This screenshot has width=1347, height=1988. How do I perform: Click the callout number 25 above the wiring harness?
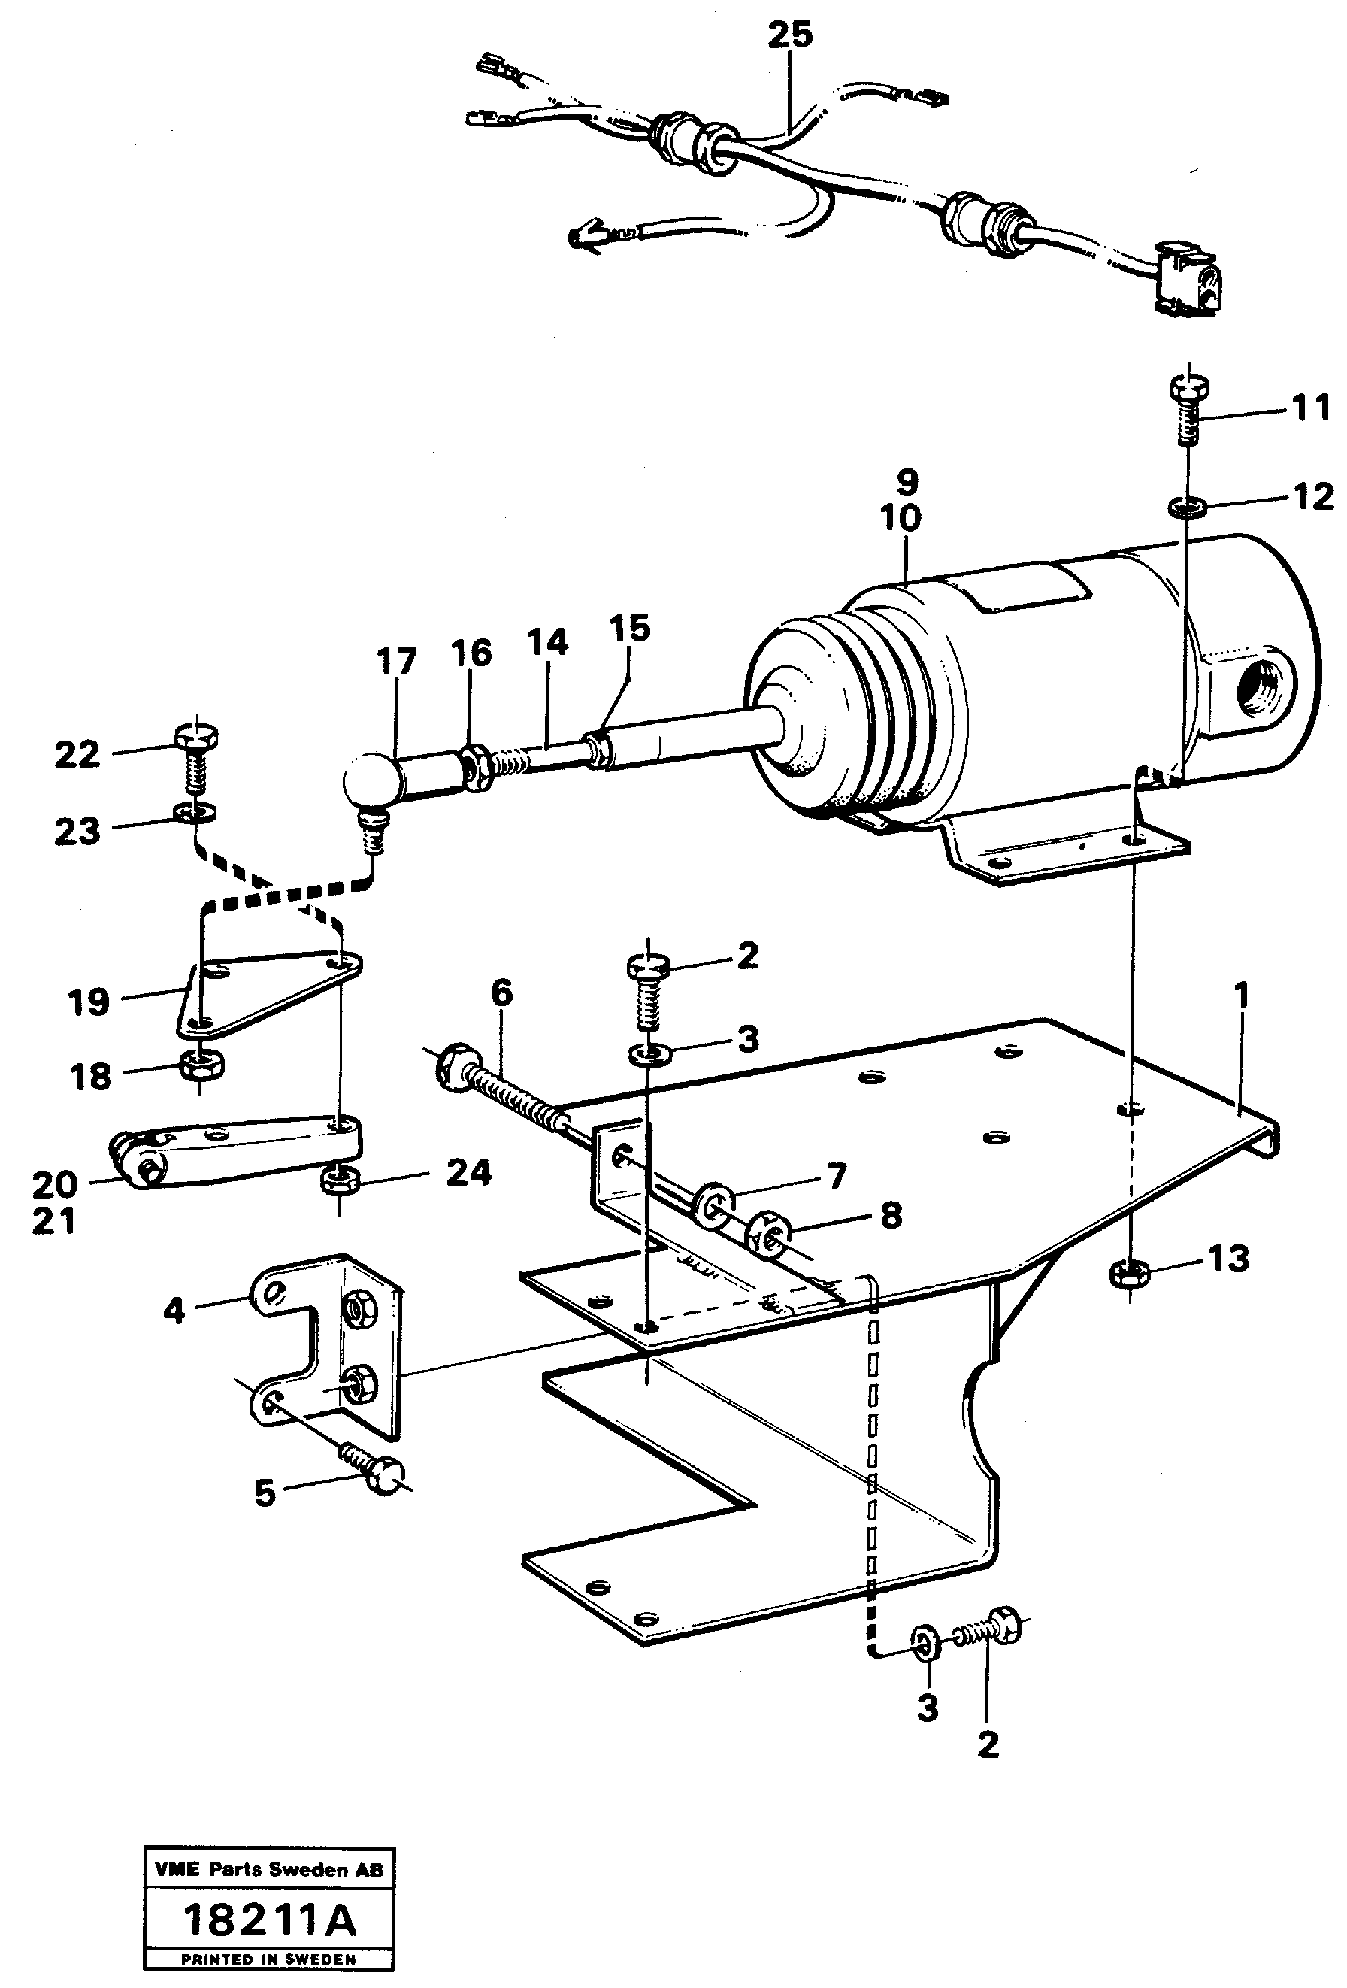[789, 35]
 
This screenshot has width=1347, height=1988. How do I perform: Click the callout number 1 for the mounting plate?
[1241, 996]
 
